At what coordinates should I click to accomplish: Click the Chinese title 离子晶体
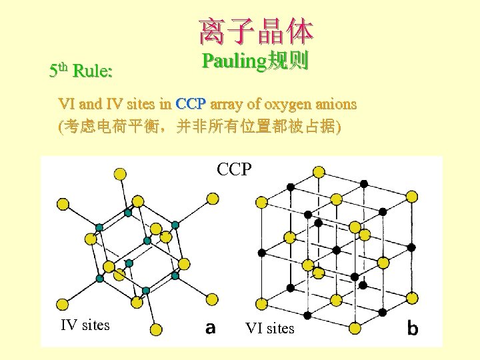coord(255,31)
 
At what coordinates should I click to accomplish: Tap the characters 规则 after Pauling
coord(287,62)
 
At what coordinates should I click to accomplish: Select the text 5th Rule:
coord(81,70)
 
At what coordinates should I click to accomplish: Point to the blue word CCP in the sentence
coord(190,105)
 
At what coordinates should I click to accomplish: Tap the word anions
coord(335,105)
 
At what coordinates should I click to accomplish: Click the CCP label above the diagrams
coord(235,169)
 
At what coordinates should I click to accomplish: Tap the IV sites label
coord(85,325)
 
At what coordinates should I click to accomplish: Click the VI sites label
coord(269,329)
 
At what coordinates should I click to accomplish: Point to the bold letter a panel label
coord(210,328)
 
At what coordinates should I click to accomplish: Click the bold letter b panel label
coord(413,327)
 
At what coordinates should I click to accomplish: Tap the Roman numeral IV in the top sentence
coord(115,105)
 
